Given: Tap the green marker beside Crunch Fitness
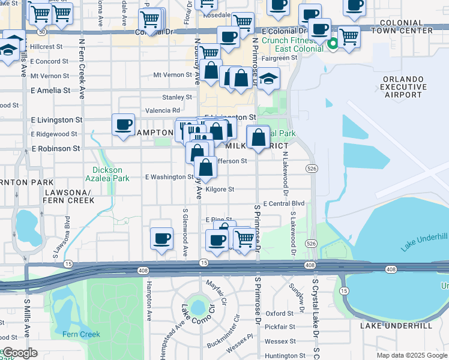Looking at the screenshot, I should point(333,43).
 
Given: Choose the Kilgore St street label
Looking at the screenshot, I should point(219,189).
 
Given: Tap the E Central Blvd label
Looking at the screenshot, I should point(284,204).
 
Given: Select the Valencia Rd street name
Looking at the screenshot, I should point(163,110).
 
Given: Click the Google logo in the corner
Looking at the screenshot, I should point(20,353).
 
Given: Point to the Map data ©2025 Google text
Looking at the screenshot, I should point(412,355).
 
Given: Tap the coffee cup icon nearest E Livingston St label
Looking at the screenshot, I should point(123,125).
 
